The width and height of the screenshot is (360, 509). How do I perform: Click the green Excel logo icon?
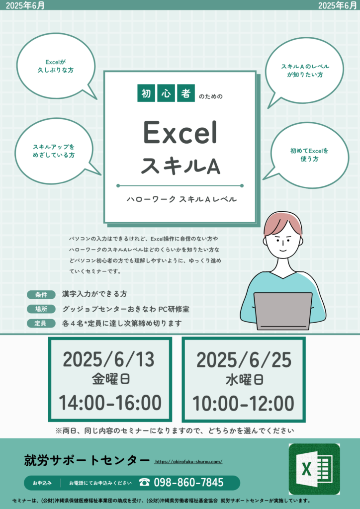click(x=314, y=469)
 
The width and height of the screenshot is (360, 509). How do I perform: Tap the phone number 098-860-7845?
click(x=188, y=483)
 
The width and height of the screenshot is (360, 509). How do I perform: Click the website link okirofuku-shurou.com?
click(x=188, y=462)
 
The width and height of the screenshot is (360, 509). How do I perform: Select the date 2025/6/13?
click(x=108, y=359)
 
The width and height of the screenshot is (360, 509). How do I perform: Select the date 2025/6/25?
click(x=244, y=360)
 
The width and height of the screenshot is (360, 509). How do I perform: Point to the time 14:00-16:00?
click(x=110, y=403)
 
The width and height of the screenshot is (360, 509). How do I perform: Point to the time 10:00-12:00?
click(x=244, y=404)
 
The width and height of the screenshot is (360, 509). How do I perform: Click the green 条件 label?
click(x=41, y=295)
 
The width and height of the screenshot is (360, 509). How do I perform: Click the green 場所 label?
click(x=41, y=309)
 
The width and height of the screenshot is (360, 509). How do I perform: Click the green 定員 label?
click(x=41, y=323)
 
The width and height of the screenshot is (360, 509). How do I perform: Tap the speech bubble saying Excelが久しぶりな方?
click(x=56, y=66)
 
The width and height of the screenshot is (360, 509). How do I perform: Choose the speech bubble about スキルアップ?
click(x=56, y=151)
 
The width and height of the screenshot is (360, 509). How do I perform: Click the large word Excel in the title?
click(x=180, y=133)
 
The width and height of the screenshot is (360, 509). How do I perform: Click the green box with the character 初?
click(x=146, y=93)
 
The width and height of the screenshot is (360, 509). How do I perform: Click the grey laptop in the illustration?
click(x=283, y=311)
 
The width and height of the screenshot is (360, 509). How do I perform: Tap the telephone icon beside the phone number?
click(x=145, y=482)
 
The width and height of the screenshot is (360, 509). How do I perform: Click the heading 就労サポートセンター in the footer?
click(x=87, y=460)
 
